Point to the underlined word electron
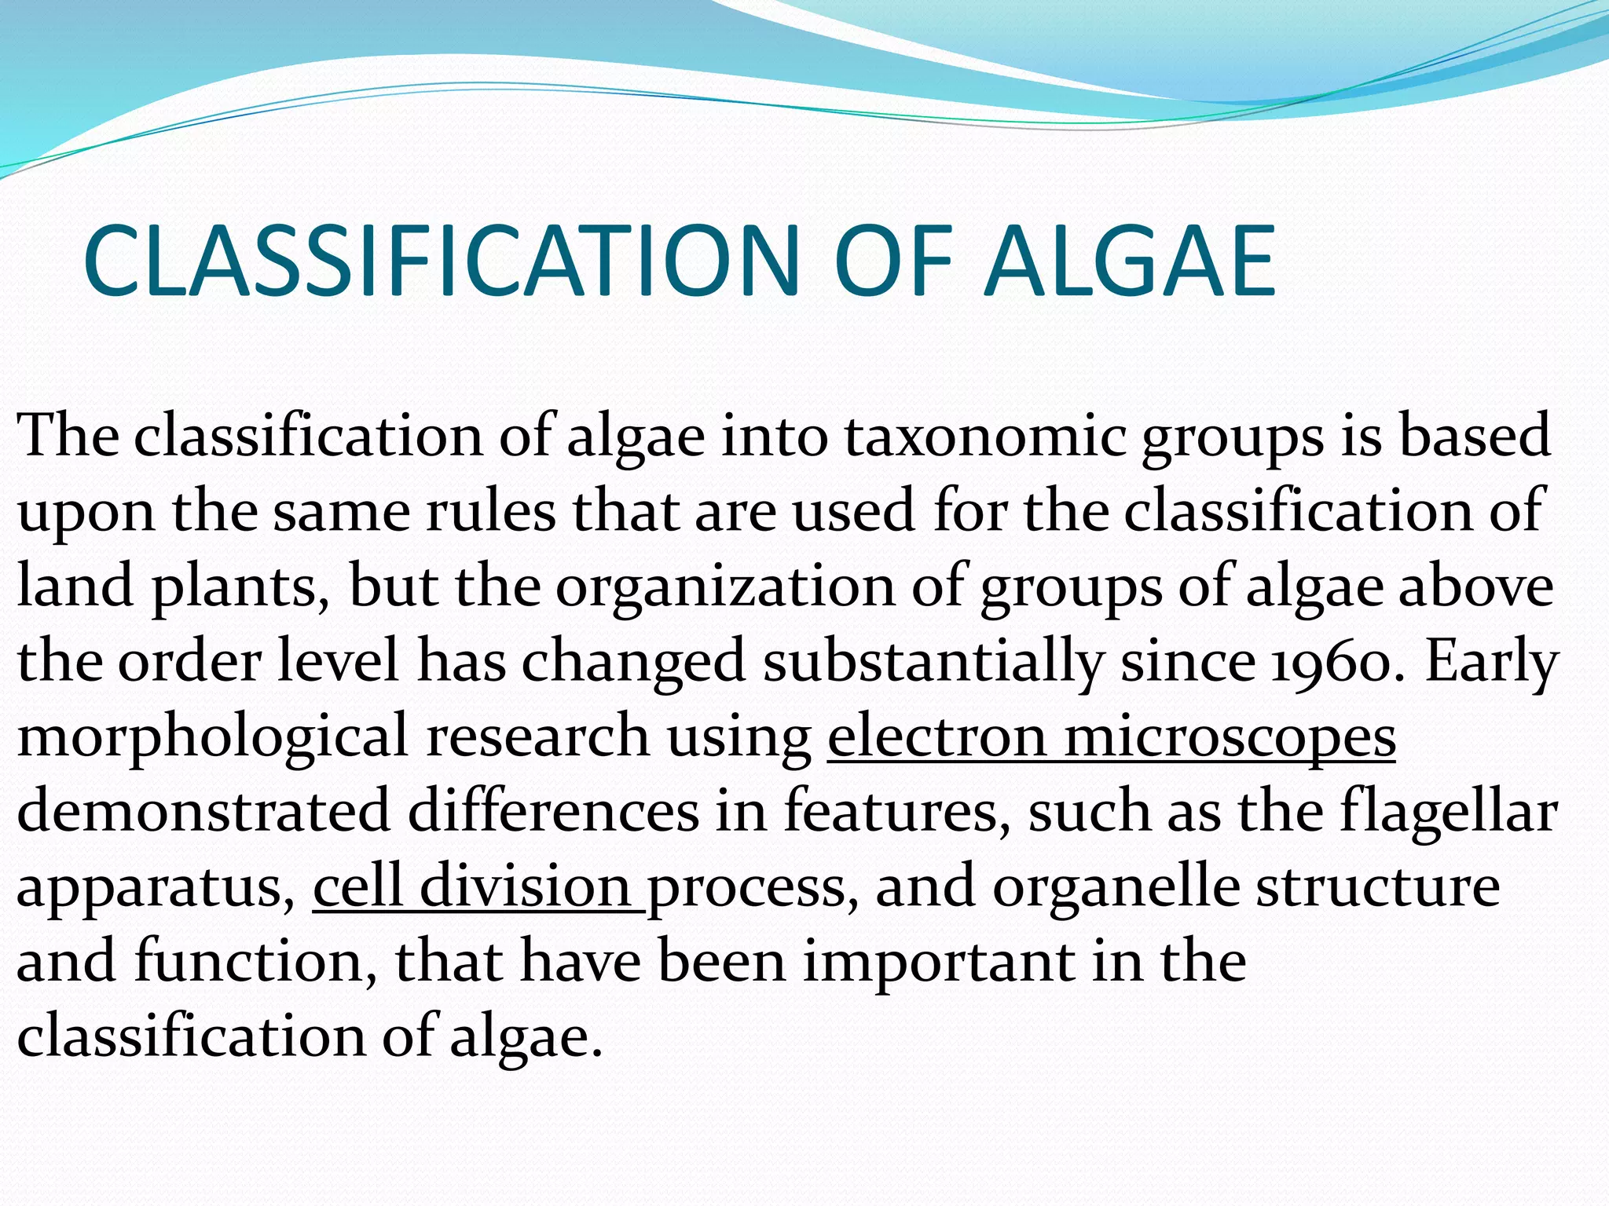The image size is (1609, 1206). coord(936,737)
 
